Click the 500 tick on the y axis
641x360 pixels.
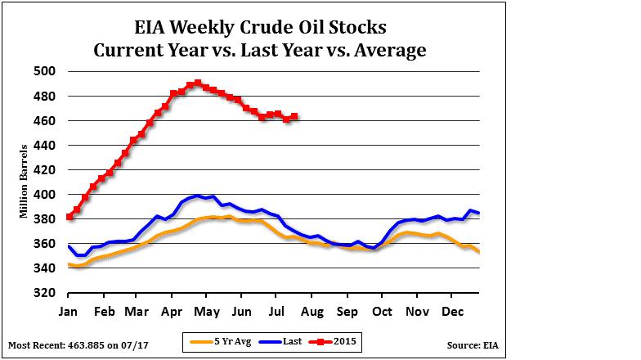pyautogui.click(x=45, y=71)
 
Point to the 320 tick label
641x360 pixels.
pyautogui.click(x=45, y=293)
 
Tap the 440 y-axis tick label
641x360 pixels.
pyautogui.click(x=45, y=145)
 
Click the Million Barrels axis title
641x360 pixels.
pyautogui.click(x=24, y=182)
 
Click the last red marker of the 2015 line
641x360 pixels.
pyautogui.click(x=294, y=116)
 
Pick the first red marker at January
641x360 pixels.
pyautogui.click(x=69, y=217)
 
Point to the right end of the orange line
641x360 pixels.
pyautogui.click(x=478, y=251)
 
